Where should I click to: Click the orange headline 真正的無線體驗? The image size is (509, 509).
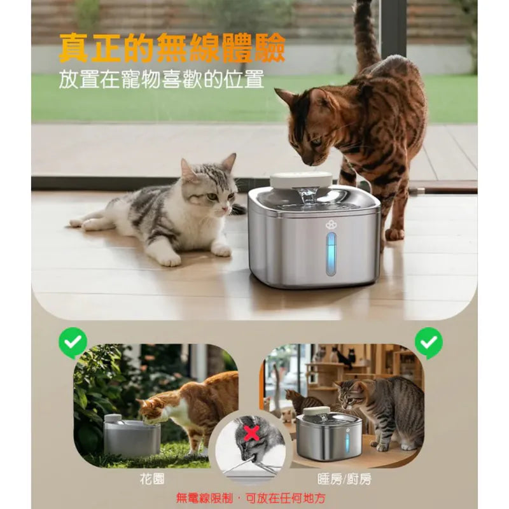(x=172, y=48)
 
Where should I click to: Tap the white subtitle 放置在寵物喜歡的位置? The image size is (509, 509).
(x=162, y=79)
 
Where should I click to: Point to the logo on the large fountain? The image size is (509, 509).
(x=331, y=225)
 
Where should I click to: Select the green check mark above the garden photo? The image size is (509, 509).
(x=73, y=342)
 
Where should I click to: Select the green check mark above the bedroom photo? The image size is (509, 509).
(x=429, y=342)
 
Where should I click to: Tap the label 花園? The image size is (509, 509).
(x=152, y=478)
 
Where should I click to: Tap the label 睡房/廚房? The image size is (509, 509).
(x=344, y=478)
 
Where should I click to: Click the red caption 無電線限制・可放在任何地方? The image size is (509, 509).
(x=251, y=498)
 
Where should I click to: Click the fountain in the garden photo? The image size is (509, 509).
(x=131, y=435)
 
